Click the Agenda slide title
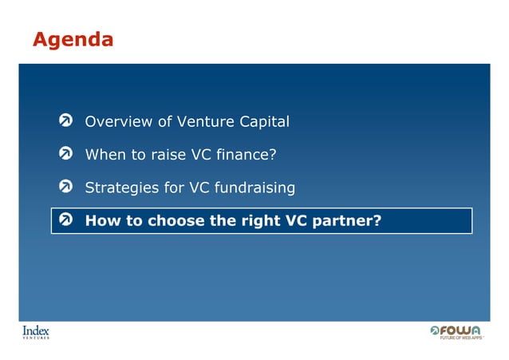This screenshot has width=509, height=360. pos(73,38)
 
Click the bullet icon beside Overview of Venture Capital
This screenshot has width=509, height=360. pos(68,121)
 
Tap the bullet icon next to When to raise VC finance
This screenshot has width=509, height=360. pos(68,154)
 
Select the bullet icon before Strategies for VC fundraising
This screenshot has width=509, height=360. pos(68,188)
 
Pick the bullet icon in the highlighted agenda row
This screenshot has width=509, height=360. pos(68,221)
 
